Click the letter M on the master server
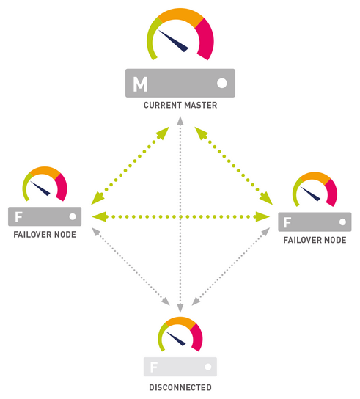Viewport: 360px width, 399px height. click(x=139, y=84)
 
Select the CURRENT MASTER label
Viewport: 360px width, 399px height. click(x=180, y=106)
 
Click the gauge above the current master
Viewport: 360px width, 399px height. click(x=180, y=37)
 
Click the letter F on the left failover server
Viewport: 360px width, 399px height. click(x=18, y=216)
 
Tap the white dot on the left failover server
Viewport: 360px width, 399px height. click(x=72, y=216)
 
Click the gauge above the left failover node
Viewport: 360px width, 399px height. click(x=44, y=185)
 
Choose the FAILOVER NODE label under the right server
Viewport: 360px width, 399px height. click(x=314, y=241)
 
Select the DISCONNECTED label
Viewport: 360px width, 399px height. click(x=180, y=387)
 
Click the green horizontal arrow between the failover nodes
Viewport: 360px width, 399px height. click(x=180, y=216)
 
